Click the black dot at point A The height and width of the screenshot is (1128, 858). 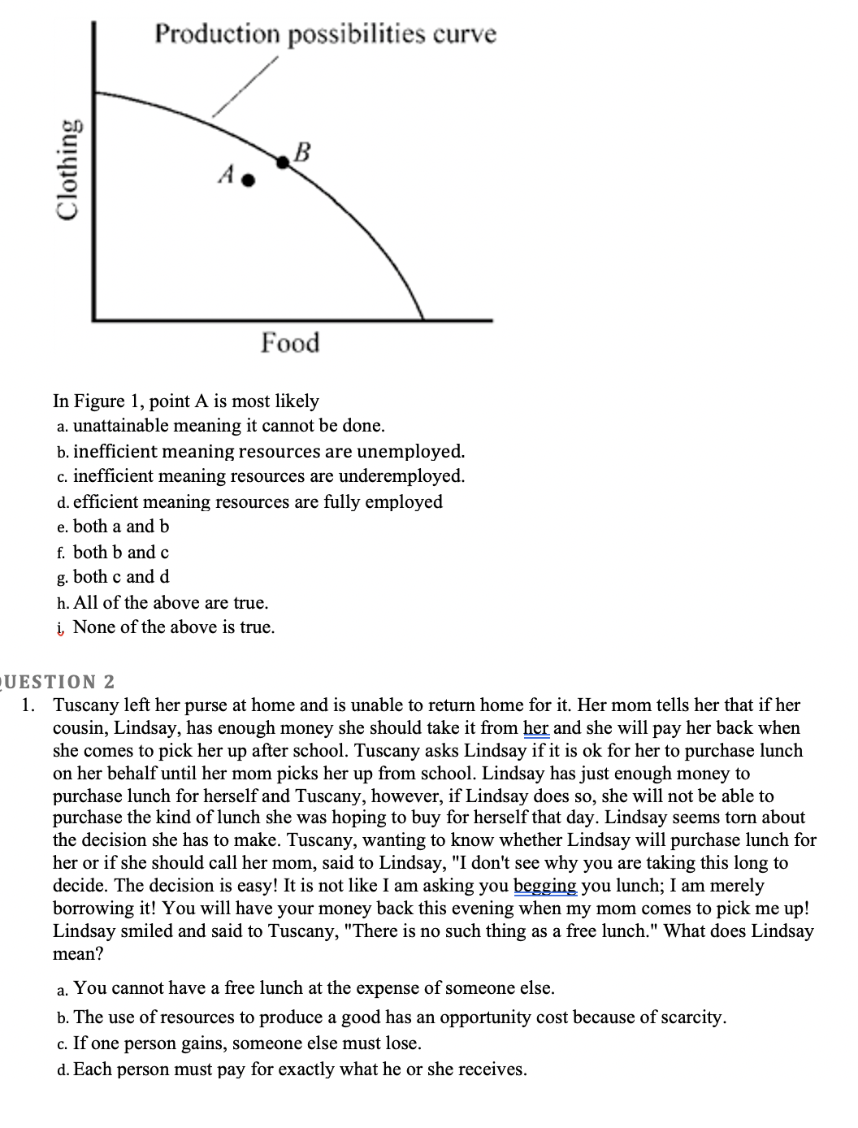[x=250, y=180]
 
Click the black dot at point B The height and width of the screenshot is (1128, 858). [x=283, y=163]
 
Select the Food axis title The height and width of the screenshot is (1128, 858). [x=290, y=343]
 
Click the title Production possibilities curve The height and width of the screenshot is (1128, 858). [x=325, y=34]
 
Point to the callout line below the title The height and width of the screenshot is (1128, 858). [x=245, y=88]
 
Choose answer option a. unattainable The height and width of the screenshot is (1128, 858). [x=228, y=426]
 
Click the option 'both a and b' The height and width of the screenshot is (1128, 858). [x=120, y=527]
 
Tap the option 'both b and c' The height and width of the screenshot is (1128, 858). [x=120, y=553]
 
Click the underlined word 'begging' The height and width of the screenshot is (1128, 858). [x=546, y=886]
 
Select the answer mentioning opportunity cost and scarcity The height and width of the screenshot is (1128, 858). [x=399, y=1017]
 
